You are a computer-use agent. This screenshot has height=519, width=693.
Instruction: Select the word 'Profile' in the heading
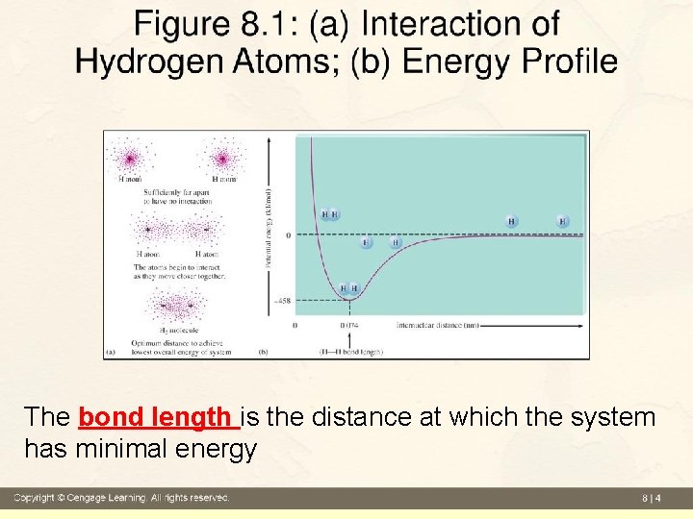[569, 62]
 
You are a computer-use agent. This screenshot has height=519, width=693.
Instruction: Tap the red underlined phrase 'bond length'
[158, 418]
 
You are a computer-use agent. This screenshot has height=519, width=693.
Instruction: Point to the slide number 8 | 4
[652, 498]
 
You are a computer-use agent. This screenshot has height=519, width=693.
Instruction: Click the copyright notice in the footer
[120, 498]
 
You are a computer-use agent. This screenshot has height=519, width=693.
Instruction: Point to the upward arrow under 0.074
[348, 339]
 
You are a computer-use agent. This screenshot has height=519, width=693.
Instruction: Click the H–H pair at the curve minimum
[348, 288]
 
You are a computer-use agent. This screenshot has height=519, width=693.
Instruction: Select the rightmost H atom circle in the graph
[562, 222]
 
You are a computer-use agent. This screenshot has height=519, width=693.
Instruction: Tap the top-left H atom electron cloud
[128, 157]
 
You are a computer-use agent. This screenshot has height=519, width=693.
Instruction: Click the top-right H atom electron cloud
[224, 157]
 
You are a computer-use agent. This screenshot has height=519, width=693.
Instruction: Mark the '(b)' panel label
[264, 352]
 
